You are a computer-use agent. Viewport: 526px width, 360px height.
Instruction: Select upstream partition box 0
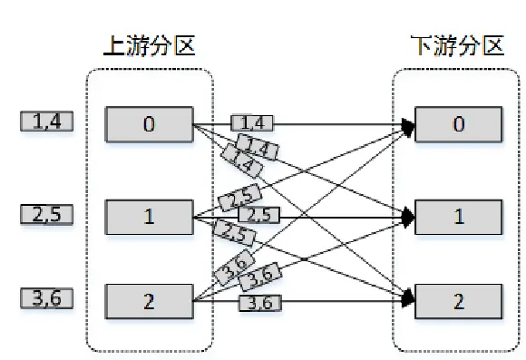pos(149,123)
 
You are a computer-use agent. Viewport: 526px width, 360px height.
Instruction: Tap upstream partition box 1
pos(149,216)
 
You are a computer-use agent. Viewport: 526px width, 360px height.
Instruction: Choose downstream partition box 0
pos(458,123)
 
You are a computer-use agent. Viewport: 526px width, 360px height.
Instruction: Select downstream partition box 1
pos(458,216)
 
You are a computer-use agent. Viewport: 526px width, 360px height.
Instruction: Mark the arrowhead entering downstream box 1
pos(409,216)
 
